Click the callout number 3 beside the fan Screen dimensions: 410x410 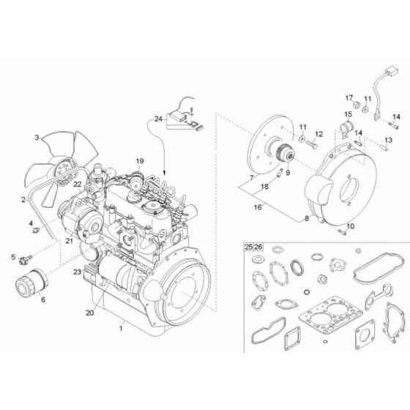[x=36, y=136]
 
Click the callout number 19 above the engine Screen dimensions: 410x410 [x=140, y=160]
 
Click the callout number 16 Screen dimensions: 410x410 [x=257, y=207]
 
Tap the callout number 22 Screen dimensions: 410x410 [x=76, y=186]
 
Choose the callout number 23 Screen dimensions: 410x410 [x=76, y=272]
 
